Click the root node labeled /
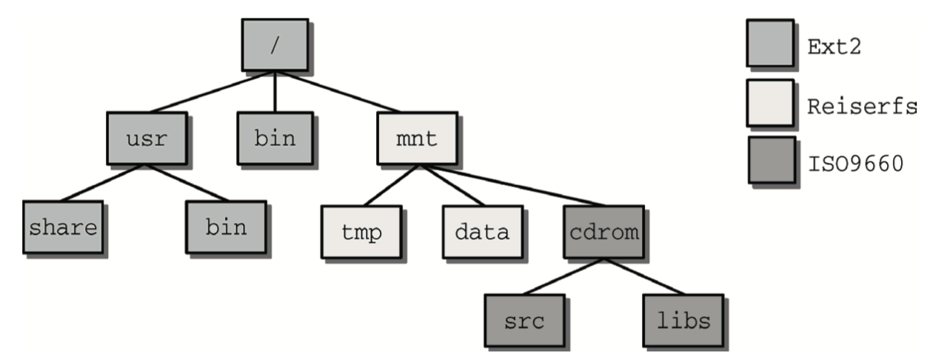pyautogui.click(x=275, y=44)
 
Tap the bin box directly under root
pyautogui.click(x=275, y=138)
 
